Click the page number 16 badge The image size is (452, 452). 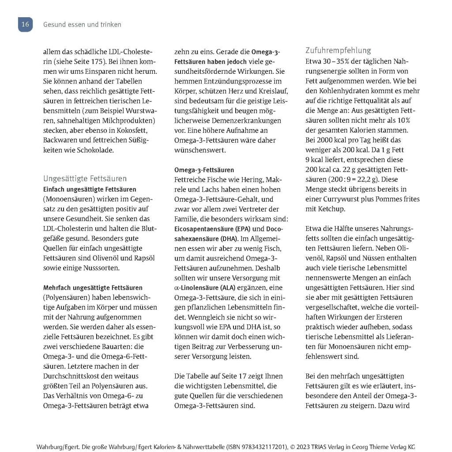25,25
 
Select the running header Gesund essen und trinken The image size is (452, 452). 82,25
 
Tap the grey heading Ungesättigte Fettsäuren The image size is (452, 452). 85,179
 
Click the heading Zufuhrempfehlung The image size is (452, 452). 338,50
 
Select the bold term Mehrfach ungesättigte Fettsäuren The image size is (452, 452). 93,288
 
